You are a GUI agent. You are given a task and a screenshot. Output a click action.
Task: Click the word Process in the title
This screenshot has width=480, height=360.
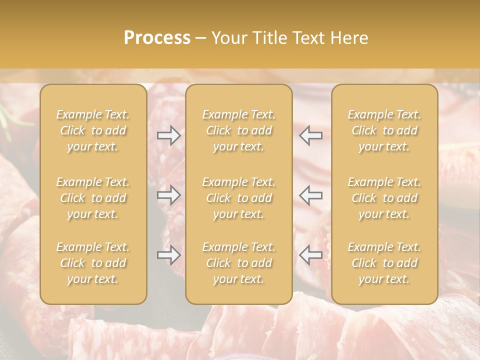pos(157,38)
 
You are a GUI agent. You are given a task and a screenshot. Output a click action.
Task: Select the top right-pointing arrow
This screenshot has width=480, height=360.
pos(169,136)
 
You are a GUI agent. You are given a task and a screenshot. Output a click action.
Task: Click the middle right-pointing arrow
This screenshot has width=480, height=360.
pos(169,195)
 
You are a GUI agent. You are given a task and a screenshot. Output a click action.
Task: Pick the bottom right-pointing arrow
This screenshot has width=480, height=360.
pos(169,255)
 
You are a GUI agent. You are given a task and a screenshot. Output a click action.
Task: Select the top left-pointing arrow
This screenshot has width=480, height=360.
pos(311,136)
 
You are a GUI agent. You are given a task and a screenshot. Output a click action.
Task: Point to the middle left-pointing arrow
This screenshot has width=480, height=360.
pos(311,195)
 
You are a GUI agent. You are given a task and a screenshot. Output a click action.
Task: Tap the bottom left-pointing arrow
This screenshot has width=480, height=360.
pos(311,255)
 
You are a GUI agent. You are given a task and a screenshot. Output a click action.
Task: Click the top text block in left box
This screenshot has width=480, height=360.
pos(93,130)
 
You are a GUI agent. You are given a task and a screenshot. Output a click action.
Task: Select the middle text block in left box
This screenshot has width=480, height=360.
pos(93,198)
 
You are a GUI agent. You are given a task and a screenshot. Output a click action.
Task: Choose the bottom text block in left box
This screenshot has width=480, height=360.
pos(93,263)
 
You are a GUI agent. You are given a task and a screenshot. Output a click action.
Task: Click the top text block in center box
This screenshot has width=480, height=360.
pos(239,130)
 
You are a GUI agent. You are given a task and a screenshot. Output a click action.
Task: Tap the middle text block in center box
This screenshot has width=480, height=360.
pos(239,198)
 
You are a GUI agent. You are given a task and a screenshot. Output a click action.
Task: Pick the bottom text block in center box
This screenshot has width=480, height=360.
pos(239,263)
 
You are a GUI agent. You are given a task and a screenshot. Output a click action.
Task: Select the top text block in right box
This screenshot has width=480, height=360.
pos(384,130)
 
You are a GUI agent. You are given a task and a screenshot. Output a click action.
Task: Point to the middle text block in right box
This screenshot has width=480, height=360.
pos(384,198)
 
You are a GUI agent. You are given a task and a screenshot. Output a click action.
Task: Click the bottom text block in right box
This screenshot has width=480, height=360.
pos(384,263)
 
